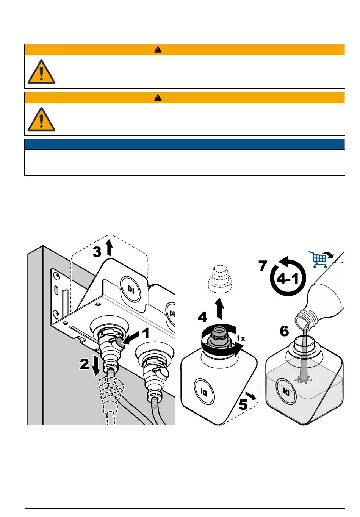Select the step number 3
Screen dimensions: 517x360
98,252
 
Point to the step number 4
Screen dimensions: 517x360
203,317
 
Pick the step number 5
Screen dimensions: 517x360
243,404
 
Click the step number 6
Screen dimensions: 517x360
284,332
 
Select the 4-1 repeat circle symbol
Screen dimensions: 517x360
287,278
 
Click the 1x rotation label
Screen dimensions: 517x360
241,338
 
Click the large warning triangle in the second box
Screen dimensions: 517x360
41,119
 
